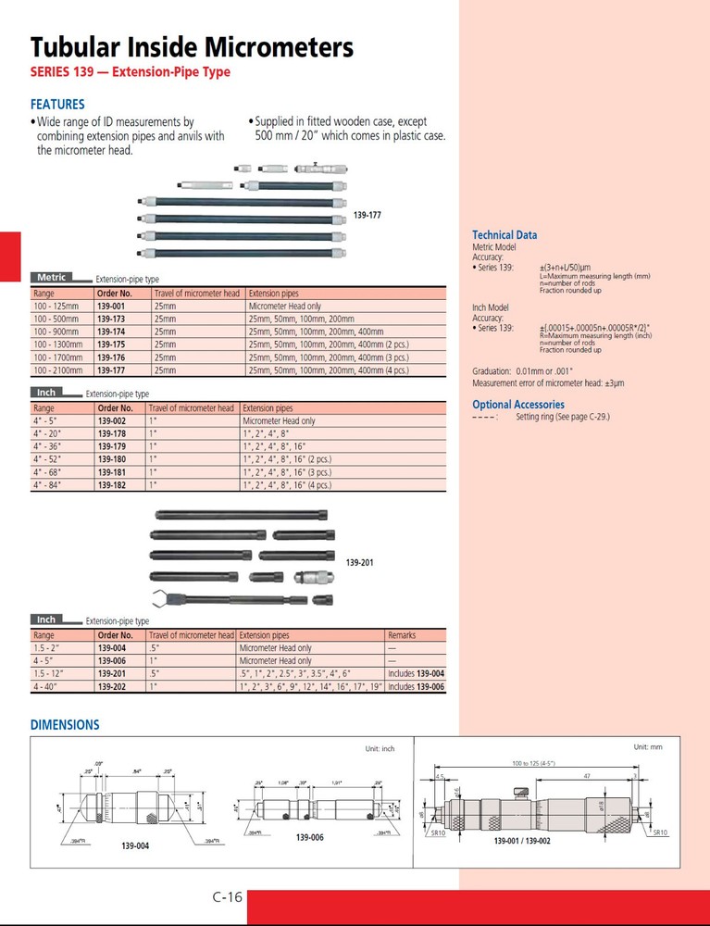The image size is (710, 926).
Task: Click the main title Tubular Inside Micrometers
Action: pos(192,47)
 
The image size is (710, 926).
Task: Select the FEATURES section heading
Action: pos(57,105)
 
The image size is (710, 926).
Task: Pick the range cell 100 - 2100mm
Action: pos(57,368)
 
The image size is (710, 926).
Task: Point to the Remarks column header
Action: pos(402,636)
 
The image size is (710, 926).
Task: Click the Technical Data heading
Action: pos(504,235)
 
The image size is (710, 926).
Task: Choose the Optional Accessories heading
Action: pos(518,405)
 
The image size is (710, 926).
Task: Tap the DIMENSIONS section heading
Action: pos(65,725)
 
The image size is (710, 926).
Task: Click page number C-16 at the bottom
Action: pos(227,896)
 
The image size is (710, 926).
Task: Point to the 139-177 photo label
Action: pos(367,215)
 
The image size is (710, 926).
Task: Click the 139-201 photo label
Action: pos(361,562)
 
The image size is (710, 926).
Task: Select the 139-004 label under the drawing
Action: pos(135,845)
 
